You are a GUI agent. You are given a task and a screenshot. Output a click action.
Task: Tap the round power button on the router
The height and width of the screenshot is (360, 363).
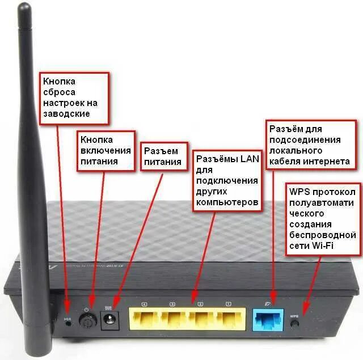[x=87, y=321]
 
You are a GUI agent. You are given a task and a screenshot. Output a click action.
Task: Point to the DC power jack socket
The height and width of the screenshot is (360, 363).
[x=109, y=320]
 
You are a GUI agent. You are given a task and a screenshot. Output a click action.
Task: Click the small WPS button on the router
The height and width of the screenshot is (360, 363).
[x=294, y=324]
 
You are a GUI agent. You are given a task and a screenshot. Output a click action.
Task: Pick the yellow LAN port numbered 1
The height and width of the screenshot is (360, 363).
[x=229, y=320]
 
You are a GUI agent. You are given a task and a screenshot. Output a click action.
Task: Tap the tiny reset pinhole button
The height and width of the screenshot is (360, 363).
[x=68, y=326]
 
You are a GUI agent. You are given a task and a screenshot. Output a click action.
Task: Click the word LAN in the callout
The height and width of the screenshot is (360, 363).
[x=248, y=159]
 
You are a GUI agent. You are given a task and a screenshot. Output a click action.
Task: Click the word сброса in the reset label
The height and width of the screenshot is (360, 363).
[x=59, y=92]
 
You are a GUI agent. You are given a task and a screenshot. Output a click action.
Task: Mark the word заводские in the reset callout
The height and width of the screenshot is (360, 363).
[x=67, y=113]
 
